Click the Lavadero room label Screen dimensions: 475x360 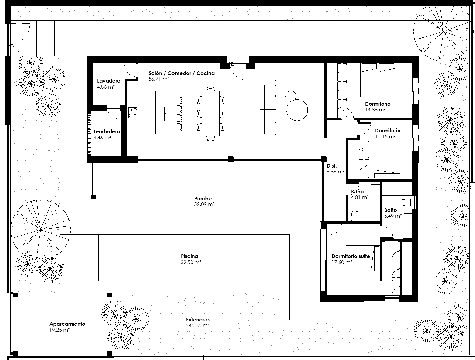pos(109,81)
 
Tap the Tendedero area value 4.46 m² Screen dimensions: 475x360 pos(102,138)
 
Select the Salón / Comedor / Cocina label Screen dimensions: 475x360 pos(182,73)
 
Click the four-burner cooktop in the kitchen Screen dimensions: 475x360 pos(133,113)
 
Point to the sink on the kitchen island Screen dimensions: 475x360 pos(161,114)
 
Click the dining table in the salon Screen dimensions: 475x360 pos(211,114)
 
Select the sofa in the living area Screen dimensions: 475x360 pos(268,110)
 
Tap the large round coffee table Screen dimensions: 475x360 pos(297,110)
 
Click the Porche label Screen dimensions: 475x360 pos(203,199)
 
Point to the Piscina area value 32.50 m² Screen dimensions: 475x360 pos(191,262)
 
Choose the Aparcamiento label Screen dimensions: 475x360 pos(67,324)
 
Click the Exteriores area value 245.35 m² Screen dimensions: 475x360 pos(197,325)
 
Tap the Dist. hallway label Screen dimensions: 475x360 pos(332,166)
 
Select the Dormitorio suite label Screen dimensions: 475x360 pos(351,256)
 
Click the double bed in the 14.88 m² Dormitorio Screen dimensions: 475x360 pos(378,80)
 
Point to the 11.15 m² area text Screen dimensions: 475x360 pos(385,137)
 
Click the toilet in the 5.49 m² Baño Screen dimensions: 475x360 pos(407,202)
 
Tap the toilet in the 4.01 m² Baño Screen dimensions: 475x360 pos(355,216)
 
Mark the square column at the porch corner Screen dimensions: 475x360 pos(93,197)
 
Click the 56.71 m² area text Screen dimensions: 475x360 pos(159,79)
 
